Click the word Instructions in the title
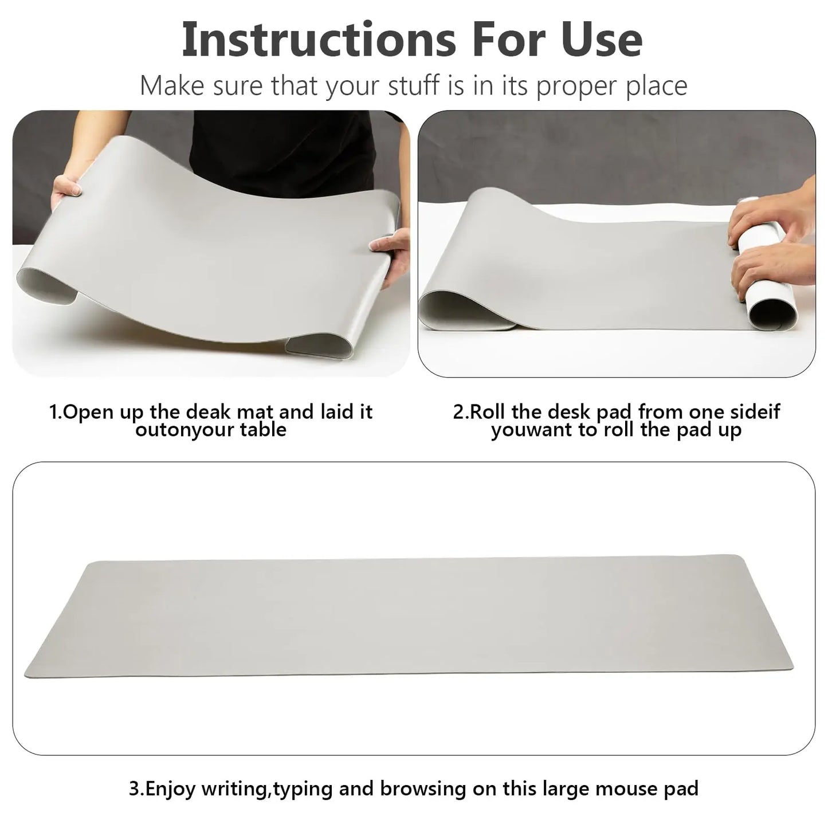click(319, 39)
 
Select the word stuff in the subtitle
click(414, 85)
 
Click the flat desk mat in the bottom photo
click(408, 618)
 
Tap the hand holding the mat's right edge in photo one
click(390, 253)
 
